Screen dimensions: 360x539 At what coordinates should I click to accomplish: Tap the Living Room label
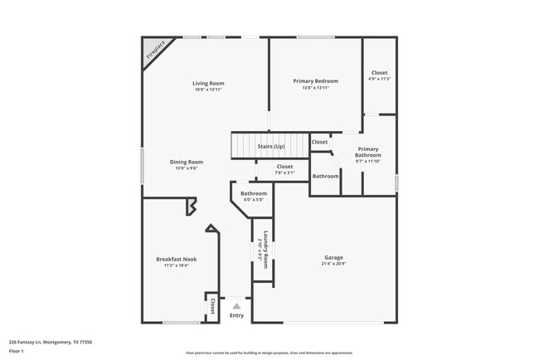(208, 83)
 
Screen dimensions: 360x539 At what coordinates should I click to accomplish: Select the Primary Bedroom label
(316, 80)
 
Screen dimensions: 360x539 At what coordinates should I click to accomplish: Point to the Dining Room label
(187, 162)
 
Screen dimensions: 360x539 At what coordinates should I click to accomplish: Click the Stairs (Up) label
(270, 146)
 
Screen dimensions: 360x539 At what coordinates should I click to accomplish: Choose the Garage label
(333, 257)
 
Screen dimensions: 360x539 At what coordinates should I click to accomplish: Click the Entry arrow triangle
(236, 306)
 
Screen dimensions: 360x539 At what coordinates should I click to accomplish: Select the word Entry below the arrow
(236, 315)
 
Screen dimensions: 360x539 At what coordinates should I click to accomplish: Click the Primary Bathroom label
(368, 152)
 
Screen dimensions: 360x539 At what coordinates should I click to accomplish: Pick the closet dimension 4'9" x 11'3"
(379, 79)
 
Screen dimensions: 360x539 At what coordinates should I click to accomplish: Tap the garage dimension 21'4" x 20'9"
(333, 264)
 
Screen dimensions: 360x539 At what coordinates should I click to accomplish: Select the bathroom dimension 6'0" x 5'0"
(254, 200)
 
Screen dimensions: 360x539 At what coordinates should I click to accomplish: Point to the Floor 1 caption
(17, 351)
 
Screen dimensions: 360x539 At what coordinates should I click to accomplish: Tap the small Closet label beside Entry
(212, 306)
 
